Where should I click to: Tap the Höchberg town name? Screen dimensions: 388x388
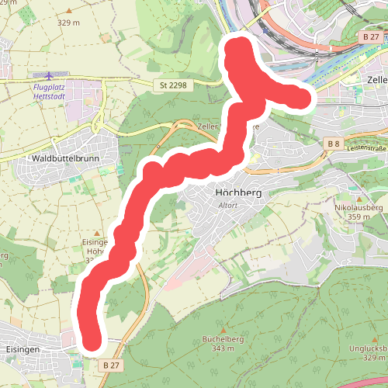click(238, 192)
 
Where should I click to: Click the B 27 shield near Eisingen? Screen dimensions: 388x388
click(111, 364)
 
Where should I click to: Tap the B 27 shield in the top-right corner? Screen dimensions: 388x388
click(372, 36)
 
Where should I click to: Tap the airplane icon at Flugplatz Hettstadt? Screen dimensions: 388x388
click(50, 76)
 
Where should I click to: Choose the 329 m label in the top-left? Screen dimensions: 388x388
click(69, 23)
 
